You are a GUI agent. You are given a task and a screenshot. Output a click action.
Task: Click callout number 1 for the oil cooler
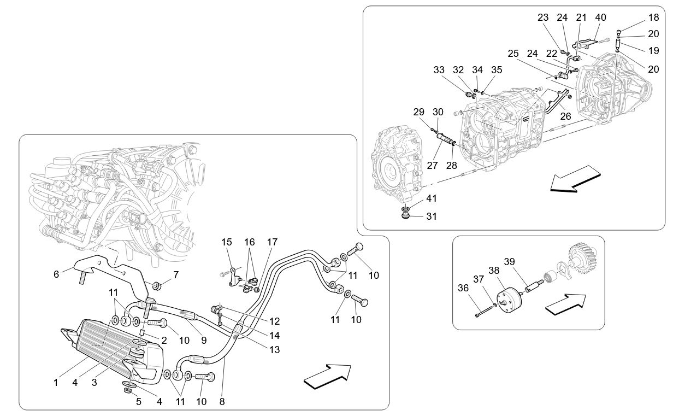point(56,383)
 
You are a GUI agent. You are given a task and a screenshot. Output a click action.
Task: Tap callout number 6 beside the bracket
point(56,274)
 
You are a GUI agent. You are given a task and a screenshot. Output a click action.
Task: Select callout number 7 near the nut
point(175,274)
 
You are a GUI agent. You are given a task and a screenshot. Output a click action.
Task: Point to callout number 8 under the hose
point(222,402)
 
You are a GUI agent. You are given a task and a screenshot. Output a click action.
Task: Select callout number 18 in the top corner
point(653,17)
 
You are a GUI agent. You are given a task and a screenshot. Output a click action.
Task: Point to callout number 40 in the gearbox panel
point(601,17)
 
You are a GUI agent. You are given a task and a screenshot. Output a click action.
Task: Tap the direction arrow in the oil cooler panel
point(327,377)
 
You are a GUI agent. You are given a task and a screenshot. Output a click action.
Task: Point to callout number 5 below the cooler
point(139,402)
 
